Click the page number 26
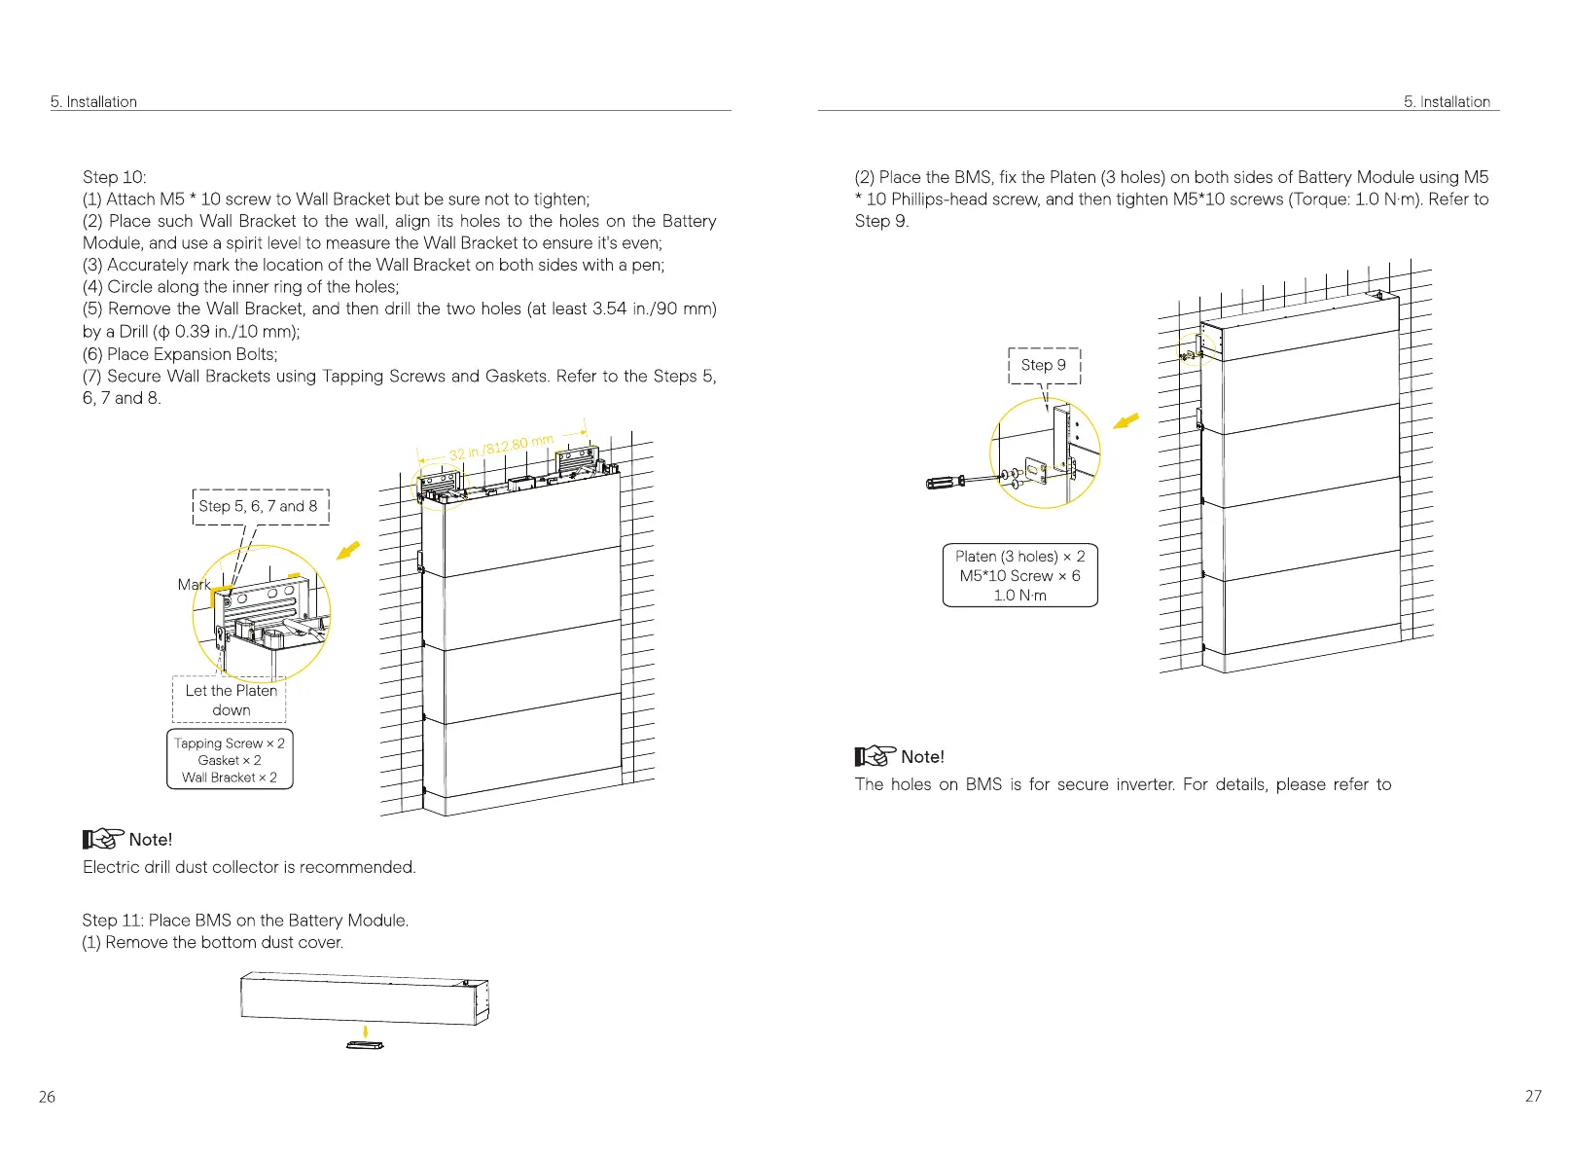click(x=47, y=1097)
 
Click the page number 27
click(x=1533, y=1096)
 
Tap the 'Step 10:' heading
click(x=115, y=177)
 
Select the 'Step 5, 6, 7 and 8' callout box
click(x=260, y=506)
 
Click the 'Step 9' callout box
click(x=1044, y=365)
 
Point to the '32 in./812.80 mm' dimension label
click(x=500, y=448)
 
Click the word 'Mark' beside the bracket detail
click(x=194, y=584)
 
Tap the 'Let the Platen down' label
click(x=231, y=700)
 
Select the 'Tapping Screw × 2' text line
click(x=230, y=743)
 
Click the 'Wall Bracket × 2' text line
click(x=230, y=778)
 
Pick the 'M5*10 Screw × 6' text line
click(x=1019, y=575)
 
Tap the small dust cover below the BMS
click(x=365, y=1045)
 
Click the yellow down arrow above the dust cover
click(x=365, y=1031)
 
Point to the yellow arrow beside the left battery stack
click(x=347, y=551)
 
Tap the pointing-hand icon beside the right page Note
click(x=875, y=756)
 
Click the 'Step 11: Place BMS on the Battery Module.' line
click(x=245, y=921)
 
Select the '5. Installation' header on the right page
click(x=1447, y=101)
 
